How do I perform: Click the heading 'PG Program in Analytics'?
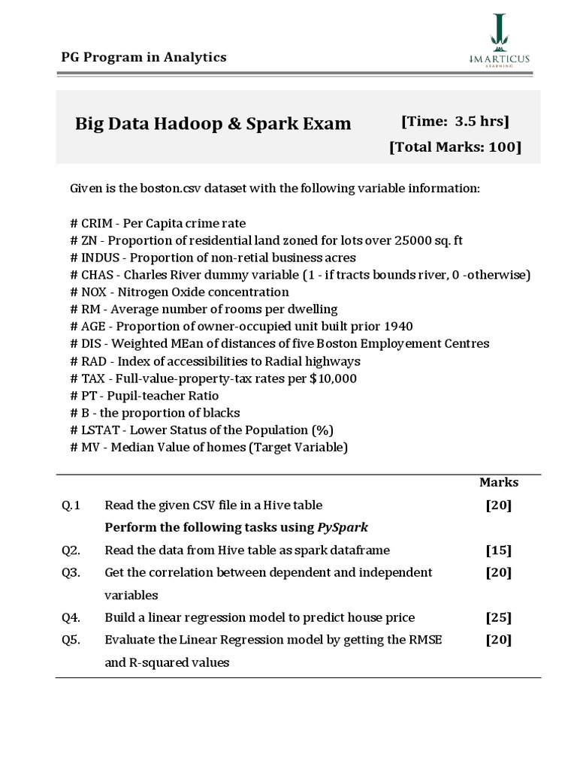point(143,57)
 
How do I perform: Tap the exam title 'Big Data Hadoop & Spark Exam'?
point(213,123)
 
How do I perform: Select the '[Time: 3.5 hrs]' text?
point(455,121)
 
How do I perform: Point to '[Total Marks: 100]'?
point(455,147)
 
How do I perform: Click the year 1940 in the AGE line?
point(398,327)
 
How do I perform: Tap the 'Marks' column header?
point(499,482)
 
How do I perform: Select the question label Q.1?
point(71,505)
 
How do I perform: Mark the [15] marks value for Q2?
point(498,550)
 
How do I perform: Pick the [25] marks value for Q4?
point(498,617)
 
